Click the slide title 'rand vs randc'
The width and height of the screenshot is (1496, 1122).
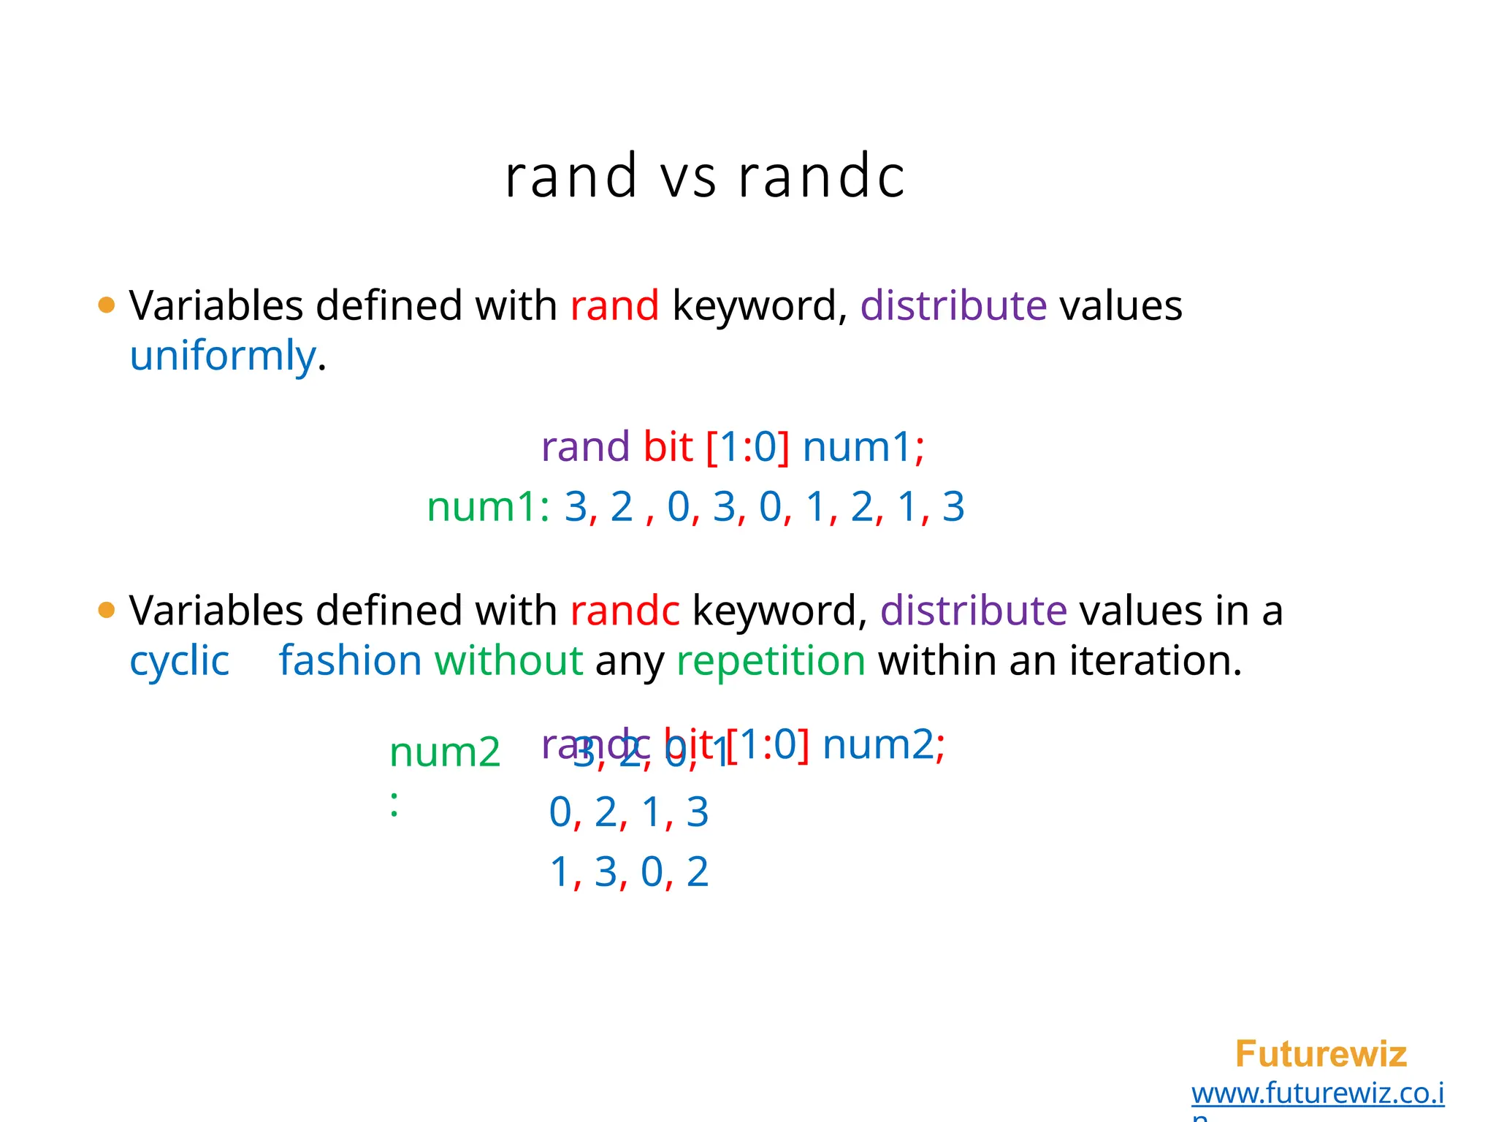704,177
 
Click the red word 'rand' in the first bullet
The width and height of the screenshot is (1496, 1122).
614,305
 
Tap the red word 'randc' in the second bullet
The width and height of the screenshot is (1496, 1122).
624,611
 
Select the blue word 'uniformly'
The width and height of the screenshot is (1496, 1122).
223,356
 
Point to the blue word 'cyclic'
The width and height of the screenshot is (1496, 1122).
179,661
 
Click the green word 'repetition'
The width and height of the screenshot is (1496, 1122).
771,661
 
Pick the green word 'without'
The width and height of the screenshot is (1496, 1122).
508,661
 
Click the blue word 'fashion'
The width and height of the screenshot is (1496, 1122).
350,661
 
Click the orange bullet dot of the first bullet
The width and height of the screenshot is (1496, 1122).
107,305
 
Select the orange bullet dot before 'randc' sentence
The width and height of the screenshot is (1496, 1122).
107,611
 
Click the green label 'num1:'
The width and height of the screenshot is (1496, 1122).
488,507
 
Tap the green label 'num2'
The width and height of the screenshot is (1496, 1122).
444,752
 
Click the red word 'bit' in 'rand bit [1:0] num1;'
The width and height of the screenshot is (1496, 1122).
668,447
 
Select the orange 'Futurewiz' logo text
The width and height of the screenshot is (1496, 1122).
1320,1054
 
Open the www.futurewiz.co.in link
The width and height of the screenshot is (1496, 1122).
1317,1094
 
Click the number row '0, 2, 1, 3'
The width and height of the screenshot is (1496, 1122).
628,812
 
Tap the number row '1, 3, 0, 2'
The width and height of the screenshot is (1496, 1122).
628,872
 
